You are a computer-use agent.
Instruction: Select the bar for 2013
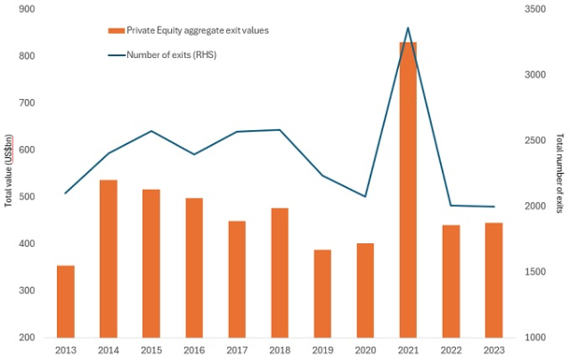pyautogui.click(x=65, y=301)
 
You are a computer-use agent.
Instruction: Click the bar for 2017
pyautogui.click(x=237, y=279)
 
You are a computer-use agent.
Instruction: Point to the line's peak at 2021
pyautogui.click(x=408, y=29)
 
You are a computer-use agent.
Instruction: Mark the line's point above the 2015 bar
pyautogui.click(x=151, y=131)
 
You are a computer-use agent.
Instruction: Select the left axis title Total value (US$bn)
pyautogui.click(x=9, y=170)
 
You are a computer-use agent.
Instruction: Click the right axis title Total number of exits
pyautogui.click(x=559, y=174)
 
